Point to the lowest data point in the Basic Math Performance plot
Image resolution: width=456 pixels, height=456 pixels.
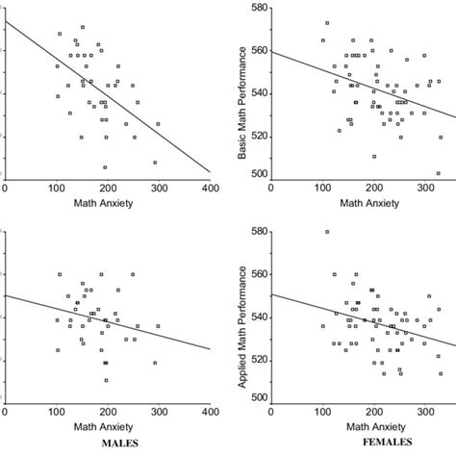(438, 174)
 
